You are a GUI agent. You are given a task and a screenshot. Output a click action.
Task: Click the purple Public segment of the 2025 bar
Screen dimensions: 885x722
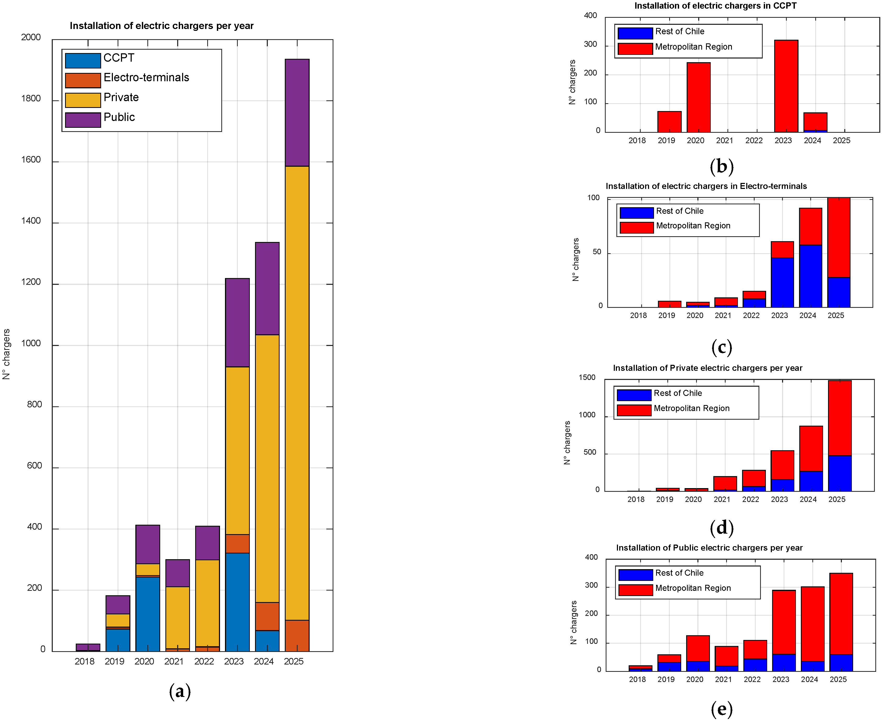297,113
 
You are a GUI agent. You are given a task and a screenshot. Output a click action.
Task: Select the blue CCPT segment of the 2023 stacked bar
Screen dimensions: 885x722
238,602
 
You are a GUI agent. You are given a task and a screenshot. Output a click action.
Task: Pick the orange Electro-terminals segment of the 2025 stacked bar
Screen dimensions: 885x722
297,636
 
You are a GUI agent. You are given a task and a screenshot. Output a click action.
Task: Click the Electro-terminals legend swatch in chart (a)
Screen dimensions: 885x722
83,80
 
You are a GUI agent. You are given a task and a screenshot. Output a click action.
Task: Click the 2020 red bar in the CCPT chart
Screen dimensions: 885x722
699,97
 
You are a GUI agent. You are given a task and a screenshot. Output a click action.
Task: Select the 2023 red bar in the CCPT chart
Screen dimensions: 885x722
786,86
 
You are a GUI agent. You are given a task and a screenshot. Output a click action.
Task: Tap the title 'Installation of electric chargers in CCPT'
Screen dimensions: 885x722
715,6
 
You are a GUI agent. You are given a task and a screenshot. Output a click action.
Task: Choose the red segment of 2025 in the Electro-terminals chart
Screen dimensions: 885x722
839,238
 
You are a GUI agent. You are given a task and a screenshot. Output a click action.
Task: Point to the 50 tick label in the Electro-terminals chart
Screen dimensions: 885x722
597,252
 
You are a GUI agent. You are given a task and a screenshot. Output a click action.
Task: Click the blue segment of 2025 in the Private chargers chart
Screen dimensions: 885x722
840,473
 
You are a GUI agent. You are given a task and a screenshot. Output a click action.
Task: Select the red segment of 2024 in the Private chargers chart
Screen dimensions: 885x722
811,449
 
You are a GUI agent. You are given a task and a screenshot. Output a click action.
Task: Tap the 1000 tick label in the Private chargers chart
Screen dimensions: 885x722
587,415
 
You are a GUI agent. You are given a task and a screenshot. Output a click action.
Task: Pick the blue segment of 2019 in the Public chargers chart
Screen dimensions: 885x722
669,667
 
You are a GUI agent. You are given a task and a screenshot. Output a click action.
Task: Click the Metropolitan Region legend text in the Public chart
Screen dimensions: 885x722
693,588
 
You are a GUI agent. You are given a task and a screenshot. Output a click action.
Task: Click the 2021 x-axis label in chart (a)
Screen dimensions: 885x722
174,662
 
